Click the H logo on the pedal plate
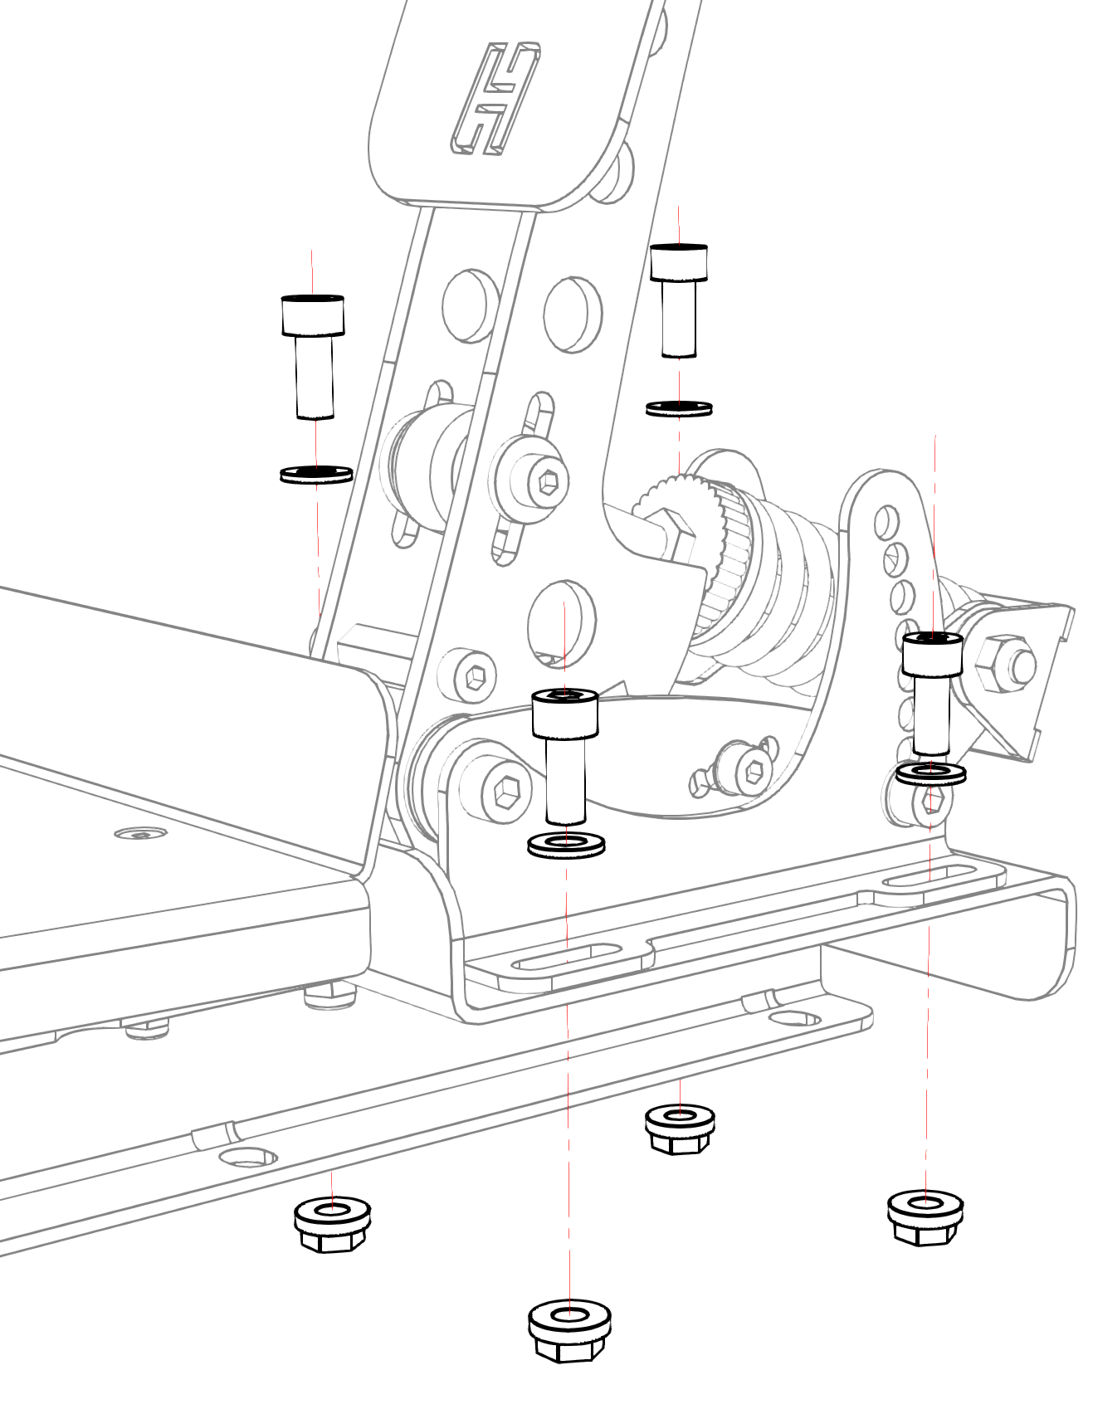(495, 99)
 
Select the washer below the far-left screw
(316, 475)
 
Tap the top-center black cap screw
(679, 299)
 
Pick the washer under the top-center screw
(679, 407)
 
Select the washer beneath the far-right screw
(931, 774)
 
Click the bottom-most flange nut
(569, 1329)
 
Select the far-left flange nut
(332, 1224)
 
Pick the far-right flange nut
(925, 1216)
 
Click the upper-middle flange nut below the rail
(680, 1129)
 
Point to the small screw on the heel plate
(140, 832)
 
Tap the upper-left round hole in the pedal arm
(470, 304)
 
